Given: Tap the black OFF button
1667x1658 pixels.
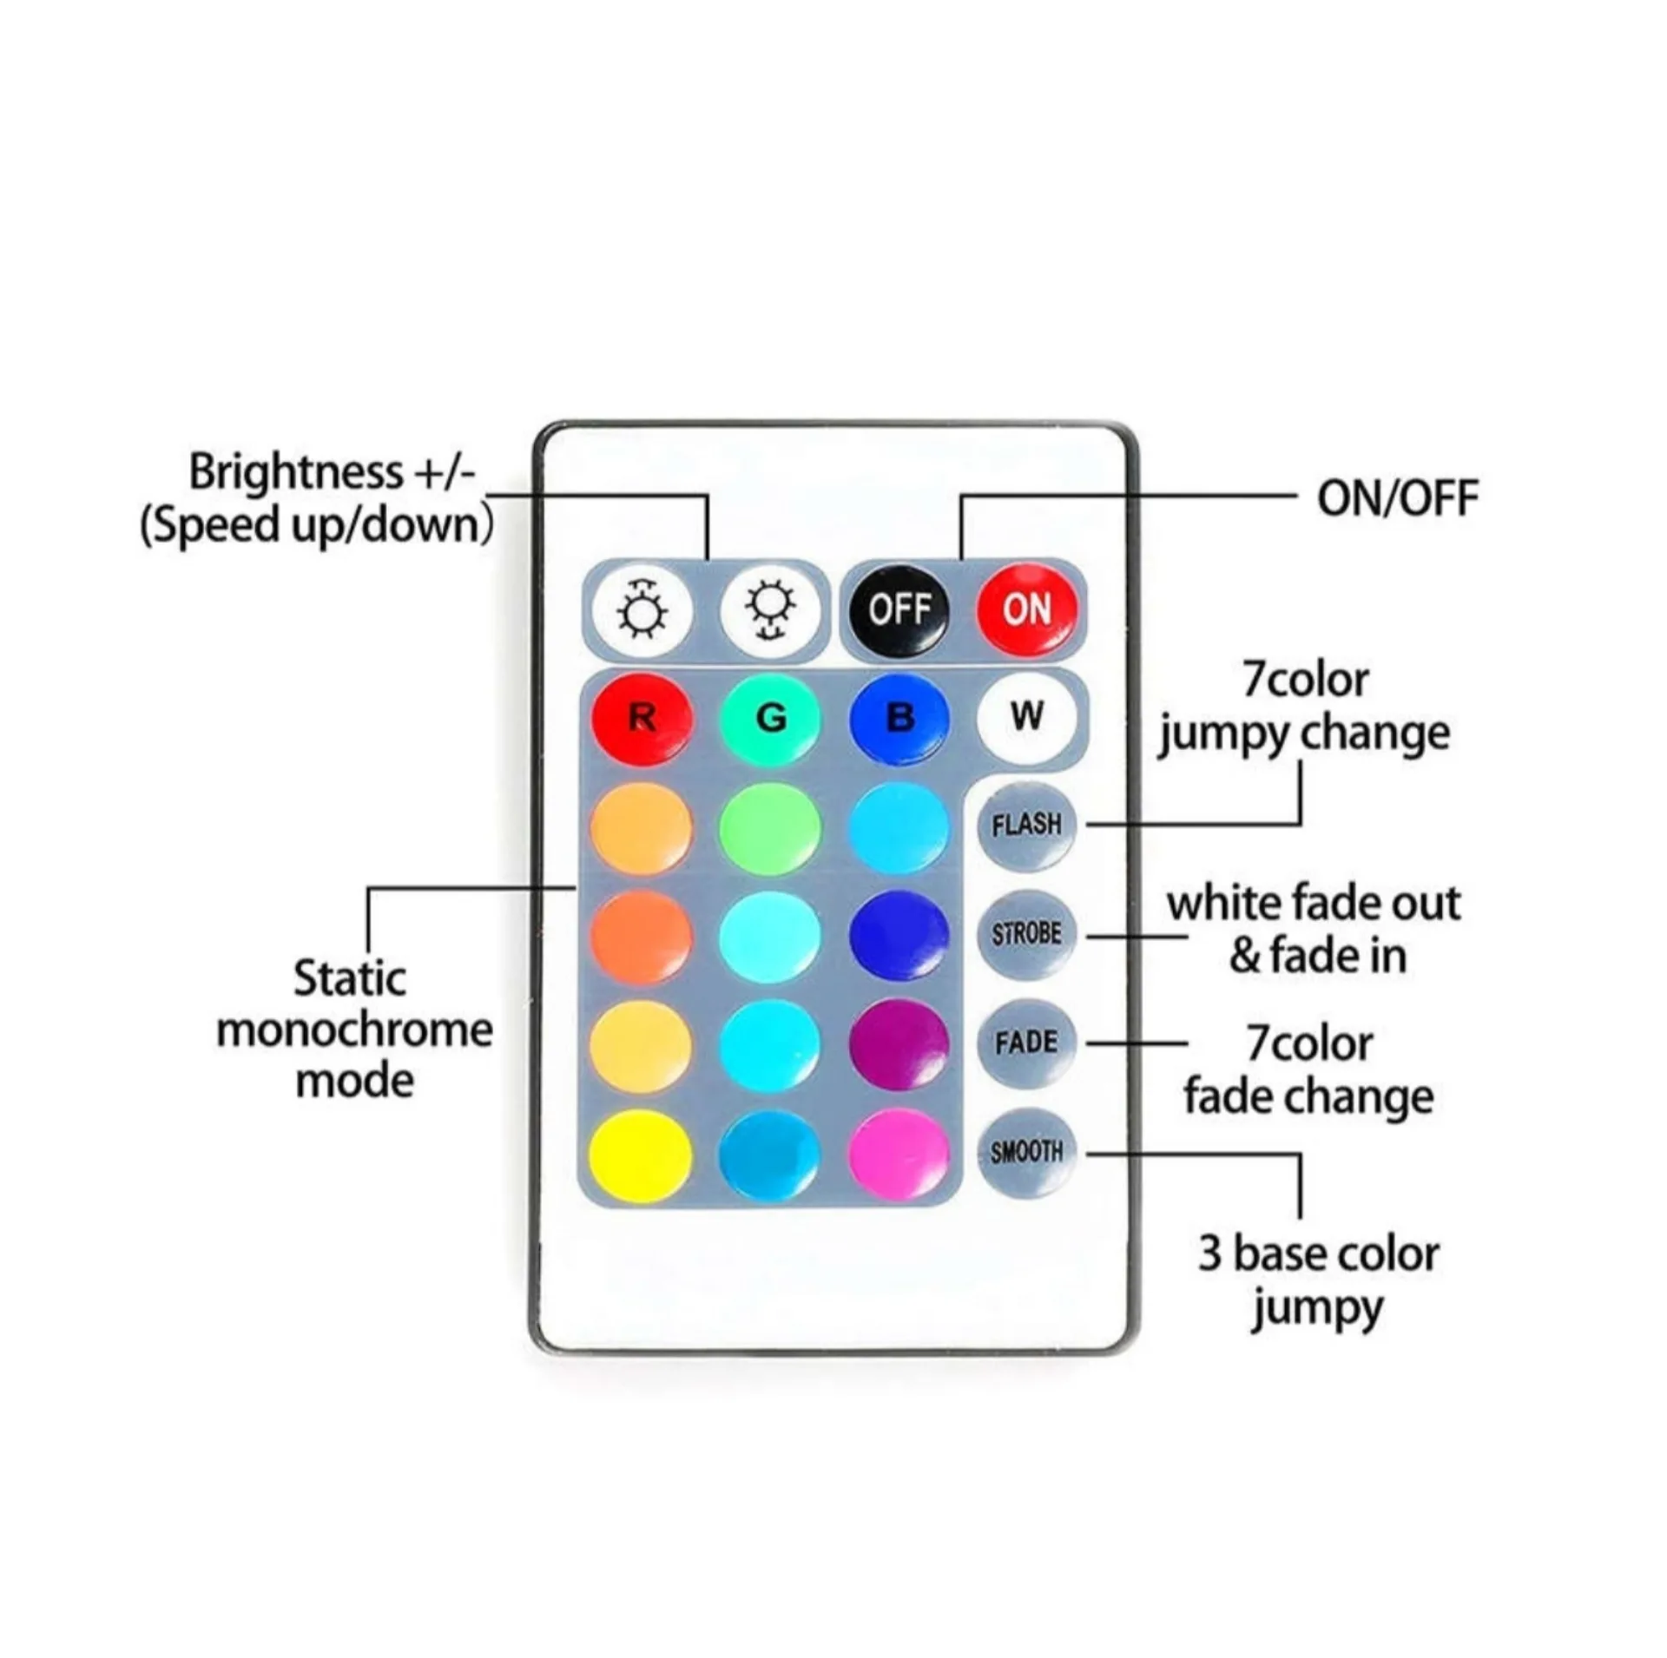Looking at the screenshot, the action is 899,610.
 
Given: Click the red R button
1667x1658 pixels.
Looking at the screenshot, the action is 642,719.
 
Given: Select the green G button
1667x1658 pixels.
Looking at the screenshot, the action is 770,719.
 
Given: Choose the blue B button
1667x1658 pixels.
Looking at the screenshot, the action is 899,719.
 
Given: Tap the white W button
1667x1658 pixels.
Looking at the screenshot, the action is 1027,717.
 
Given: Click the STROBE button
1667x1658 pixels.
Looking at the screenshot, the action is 1027,935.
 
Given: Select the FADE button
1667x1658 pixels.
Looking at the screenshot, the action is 1027,1043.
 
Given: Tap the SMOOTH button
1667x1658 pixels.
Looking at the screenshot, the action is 1027,1152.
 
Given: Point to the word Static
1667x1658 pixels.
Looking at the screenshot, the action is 350,978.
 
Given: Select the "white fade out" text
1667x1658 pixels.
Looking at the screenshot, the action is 1314,904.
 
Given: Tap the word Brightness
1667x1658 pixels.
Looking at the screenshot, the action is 296,473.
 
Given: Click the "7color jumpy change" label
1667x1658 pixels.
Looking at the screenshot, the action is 1304,707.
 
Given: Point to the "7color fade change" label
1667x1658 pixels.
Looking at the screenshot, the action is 1309,1069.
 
